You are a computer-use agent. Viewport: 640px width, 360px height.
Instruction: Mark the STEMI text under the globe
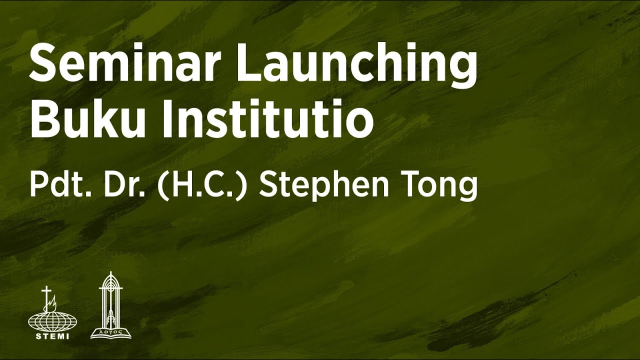pos(49,336)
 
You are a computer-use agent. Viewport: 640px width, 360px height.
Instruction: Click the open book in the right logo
pos(110,331)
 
